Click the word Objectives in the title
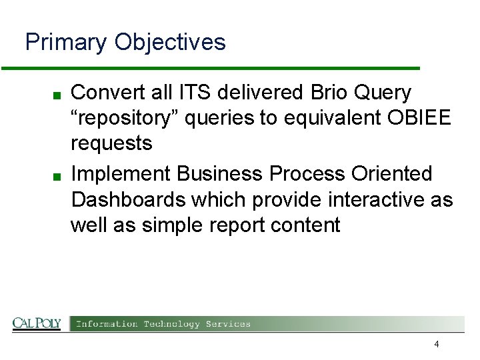tap(170, 43)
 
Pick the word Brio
tap(329, 92)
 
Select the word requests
tap(111, 143)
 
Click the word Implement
tap(121, 173)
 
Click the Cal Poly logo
tap(37, 324)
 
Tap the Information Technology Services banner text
tap(163, 324)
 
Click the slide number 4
tap(436, 345)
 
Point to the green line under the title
tap(211, 68)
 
